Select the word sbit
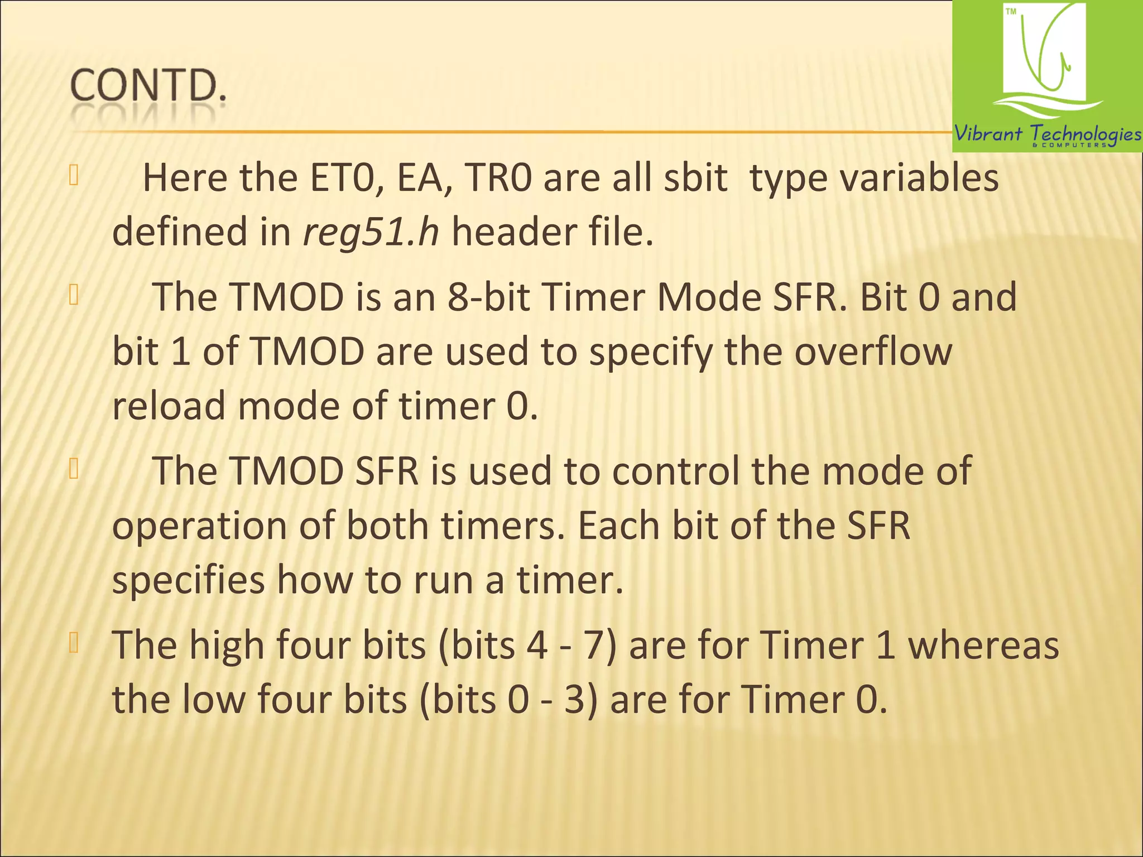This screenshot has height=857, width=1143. [x=695, y=178]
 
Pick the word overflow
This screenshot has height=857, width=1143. [x=873, y=352]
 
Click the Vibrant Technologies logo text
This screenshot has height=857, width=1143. [x=1047, y=134]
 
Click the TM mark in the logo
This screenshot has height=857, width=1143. [x=1011, y=12]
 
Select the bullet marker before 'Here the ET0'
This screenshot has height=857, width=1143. [x=74, y=176]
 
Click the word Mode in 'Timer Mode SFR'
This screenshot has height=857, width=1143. [x=709, y=297]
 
